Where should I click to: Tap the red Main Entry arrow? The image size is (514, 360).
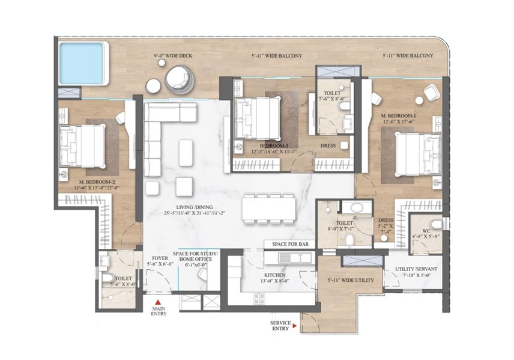tap(158, 304)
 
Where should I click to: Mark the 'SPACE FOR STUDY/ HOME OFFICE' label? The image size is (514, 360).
tap(196, 257)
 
